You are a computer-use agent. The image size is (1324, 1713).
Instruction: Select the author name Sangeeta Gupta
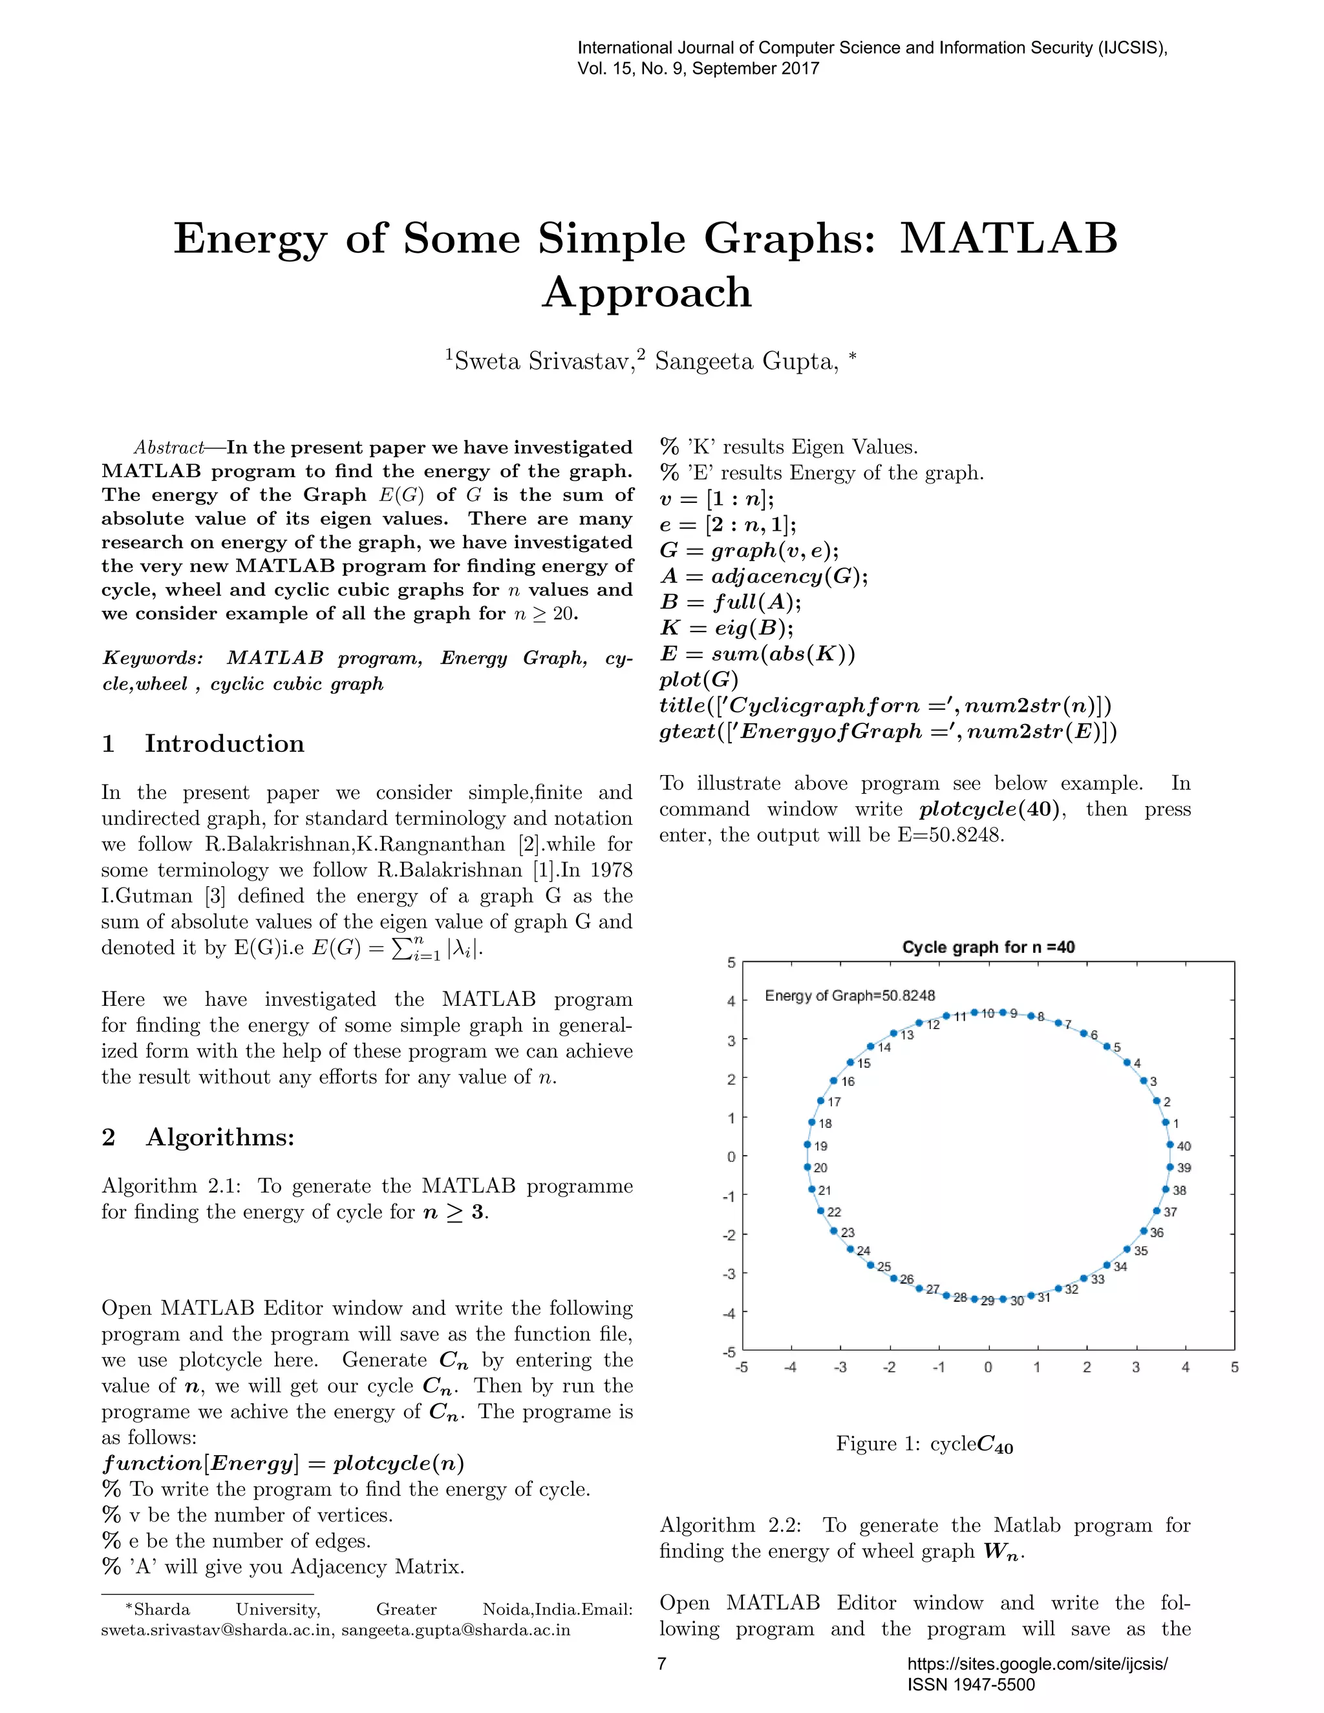[746, 361]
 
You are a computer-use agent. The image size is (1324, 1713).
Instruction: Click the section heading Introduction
[224, 743]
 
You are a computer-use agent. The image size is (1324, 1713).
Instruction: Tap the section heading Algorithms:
[220, 1136]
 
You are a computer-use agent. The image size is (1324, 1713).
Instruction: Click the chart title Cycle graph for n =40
[988, 947]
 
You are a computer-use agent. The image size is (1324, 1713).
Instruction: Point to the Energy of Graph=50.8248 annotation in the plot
[849, 995]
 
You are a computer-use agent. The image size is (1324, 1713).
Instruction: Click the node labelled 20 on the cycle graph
[807, 1167]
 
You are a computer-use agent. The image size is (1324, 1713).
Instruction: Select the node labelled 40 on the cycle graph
[1169, 1144]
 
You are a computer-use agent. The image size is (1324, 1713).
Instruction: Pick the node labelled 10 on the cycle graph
[974, 1012]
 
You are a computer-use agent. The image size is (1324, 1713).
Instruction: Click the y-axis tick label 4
[731, 1001]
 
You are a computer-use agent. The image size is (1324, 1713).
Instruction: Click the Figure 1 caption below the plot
[924, 1444]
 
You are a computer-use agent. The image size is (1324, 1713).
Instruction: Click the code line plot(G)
[699, 679]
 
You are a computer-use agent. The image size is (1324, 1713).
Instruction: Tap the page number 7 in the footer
[662, 1664]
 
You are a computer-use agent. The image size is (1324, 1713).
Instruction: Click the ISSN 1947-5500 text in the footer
[971, 1685]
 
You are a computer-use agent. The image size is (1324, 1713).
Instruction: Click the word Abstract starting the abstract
[169, 448]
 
